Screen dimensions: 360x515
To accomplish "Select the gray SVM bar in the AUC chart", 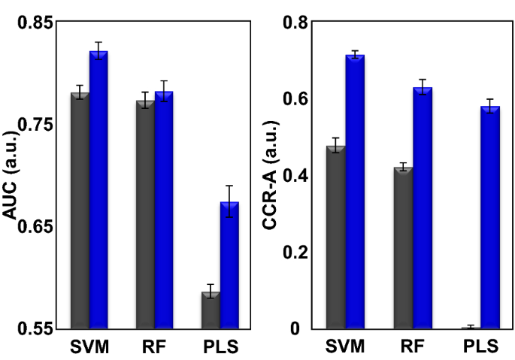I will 80,210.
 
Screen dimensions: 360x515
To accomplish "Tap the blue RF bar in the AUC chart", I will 164,210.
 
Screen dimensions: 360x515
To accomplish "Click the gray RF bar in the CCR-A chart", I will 403,247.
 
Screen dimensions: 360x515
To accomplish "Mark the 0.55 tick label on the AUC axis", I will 37,328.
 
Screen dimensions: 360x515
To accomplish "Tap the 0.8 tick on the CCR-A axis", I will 295,23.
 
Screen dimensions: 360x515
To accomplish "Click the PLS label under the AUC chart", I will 220,347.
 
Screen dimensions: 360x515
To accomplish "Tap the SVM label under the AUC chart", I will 89,347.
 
